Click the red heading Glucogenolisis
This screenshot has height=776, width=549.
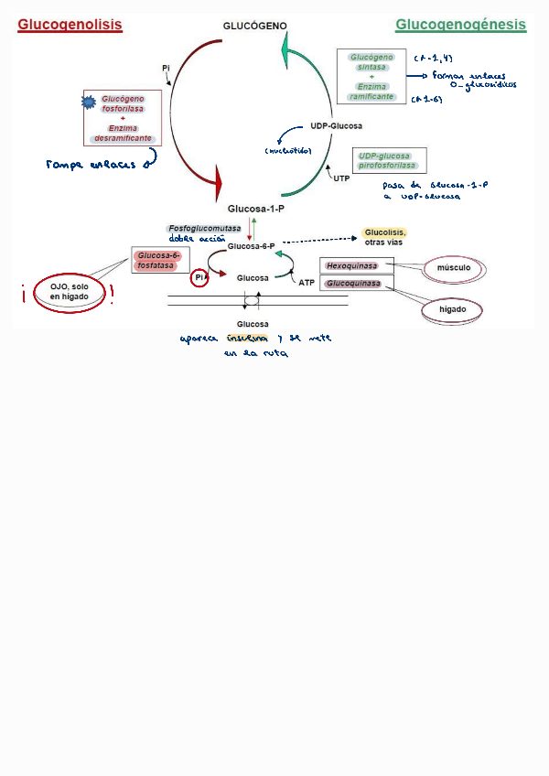(70, 26)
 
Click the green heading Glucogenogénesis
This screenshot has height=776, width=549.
(460, 25)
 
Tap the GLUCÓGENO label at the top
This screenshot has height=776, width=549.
(255, 26)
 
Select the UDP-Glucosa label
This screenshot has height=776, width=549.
(336, 125)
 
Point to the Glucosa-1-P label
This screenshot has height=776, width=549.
(256, 209)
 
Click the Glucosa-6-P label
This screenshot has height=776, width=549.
(251, 246)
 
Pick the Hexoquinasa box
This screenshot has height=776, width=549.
(352, 266)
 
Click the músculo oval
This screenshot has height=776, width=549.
(454, 268)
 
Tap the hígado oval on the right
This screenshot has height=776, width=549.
(453, 310)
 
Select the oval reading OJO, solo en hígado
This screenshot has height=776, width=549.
(69, 292)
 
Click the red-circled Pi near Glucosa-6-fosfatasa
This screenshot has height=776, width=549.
(199, 277)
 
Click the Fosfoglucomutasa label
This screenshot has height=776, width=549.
(204, 228)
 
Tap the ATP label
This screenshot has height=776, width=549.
(307, 283)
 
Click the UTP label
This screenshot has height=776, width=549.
(341, 178)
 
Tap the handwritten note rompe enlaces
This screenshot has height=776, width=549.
(91, 165)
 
